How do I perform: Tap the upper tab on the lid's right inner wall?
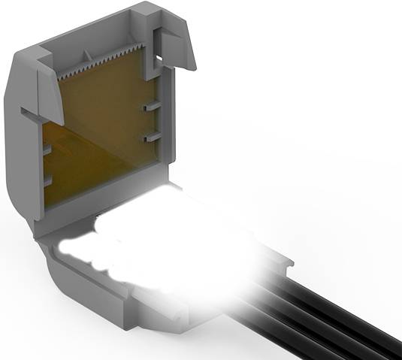point(151,107)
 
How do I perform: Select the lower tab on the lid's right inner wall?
point(151,138)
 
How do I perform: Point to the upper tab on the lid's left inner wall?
point(46,149)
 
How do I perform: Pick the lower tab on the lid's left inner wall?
point(46,180)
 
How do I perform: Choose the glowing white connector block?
point(188,248)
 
